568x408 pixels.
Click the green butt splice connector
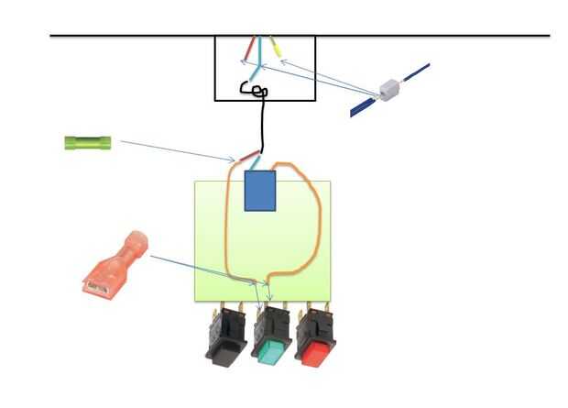pos(88,142)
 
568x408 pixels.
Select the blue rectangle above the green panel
pos(260,191)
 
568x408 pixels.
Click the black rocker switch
pos(225,336)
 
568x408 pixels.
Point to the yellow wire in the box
pos(276,47)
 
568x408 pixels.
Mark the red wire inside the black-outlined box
pos(249,48)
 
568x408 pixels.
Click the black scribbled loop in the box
pos(254,89)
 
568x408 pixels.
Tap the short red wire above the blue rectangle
pos(248,158)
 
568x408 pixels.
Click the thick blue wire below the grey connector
pos(365,108)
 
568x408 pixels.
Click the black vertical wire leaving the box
pos(264,124)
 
